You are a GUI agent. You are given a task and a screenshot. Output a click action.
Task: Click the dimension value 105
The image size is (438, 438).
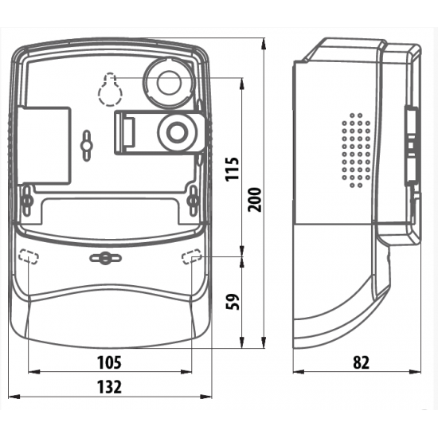pyautogui.click(x=109, y=362)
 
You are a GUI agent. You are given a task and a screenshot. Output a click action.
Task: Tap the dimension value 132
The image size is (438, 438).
pyautogui.click(x=109, y=387)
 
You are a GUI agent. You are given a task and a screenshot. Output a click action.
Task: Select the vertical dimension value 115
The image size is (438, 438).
pyautogui.click(x=233, y=170)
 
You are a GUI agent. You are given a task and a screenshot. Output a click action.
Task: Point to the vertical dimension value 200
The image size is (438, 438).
pyautogui.click(x=255, y=199)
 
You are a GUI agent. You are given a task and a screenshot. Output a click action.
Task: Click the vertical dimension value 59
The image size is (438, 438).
pyautogui.click(x=233, y=301)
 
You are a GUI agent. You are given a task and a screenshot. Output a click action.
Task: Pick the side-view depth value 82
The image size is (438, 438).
pyautogui.click(x=362, y=362)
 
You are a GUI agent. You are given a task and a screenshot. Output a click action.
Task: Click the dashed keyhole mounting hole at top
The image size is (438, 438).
pyautogui.click(x=110, y=89)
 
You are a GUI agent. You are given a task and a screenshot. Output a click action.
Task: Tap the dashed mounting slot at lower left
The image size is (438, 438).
pyautogui.click(x=28, y=256)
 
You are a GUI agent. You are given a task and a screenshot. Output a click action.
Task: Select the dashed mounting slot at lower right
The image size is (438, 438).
pyautogui.click(x=192, y=256)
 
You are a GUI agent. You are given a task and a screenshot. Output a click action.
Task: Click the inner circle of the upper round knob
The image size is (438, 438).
pyautogui.click(x=169, y=83)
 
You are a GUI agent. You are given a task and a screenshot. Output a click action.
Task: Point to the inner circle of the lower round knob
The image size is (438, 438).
pyautogui.click(x=177, y=132)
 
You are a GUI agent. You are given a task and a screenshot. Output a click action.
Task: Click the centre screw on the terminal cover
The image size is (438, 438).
pyautogui.click(x=105, y=258)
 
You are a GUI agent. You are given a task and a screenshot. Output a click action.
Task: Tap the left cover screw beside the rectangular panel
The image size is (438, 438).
pyautogui.click(x=27, y=200)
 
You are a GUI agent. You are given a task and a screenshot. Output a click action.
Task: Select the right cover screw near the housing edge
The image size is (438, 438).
pyautogui.click(x=193, y=200)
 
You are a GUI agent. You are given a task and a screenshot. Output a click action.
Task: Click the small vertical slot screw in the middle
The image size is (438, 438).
pyautogui.click(x=87, y=145)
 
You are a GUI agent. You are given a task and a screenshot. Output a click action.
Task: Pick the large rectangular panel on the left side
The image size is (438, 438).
pyautogui.click(x=44, y=145)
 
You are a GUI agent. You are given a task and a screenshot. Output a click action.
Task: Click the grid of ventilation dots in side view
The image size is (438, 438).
pyautogui.click(x=356, y=150)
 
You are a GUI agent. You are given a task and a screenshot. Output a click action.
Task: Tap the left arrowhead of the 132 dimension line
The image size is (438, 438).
pyautogui.click(x=14, y=396)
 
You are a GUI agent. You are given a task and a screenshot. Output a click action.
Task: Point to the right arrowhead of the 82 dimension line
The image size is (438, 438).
pyautogui.click(x=415, y=372)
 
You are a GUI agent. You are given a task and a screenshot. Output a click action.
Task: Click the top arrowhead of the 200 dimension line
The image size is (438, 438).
pyautogui.click(x=264, y=44)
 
